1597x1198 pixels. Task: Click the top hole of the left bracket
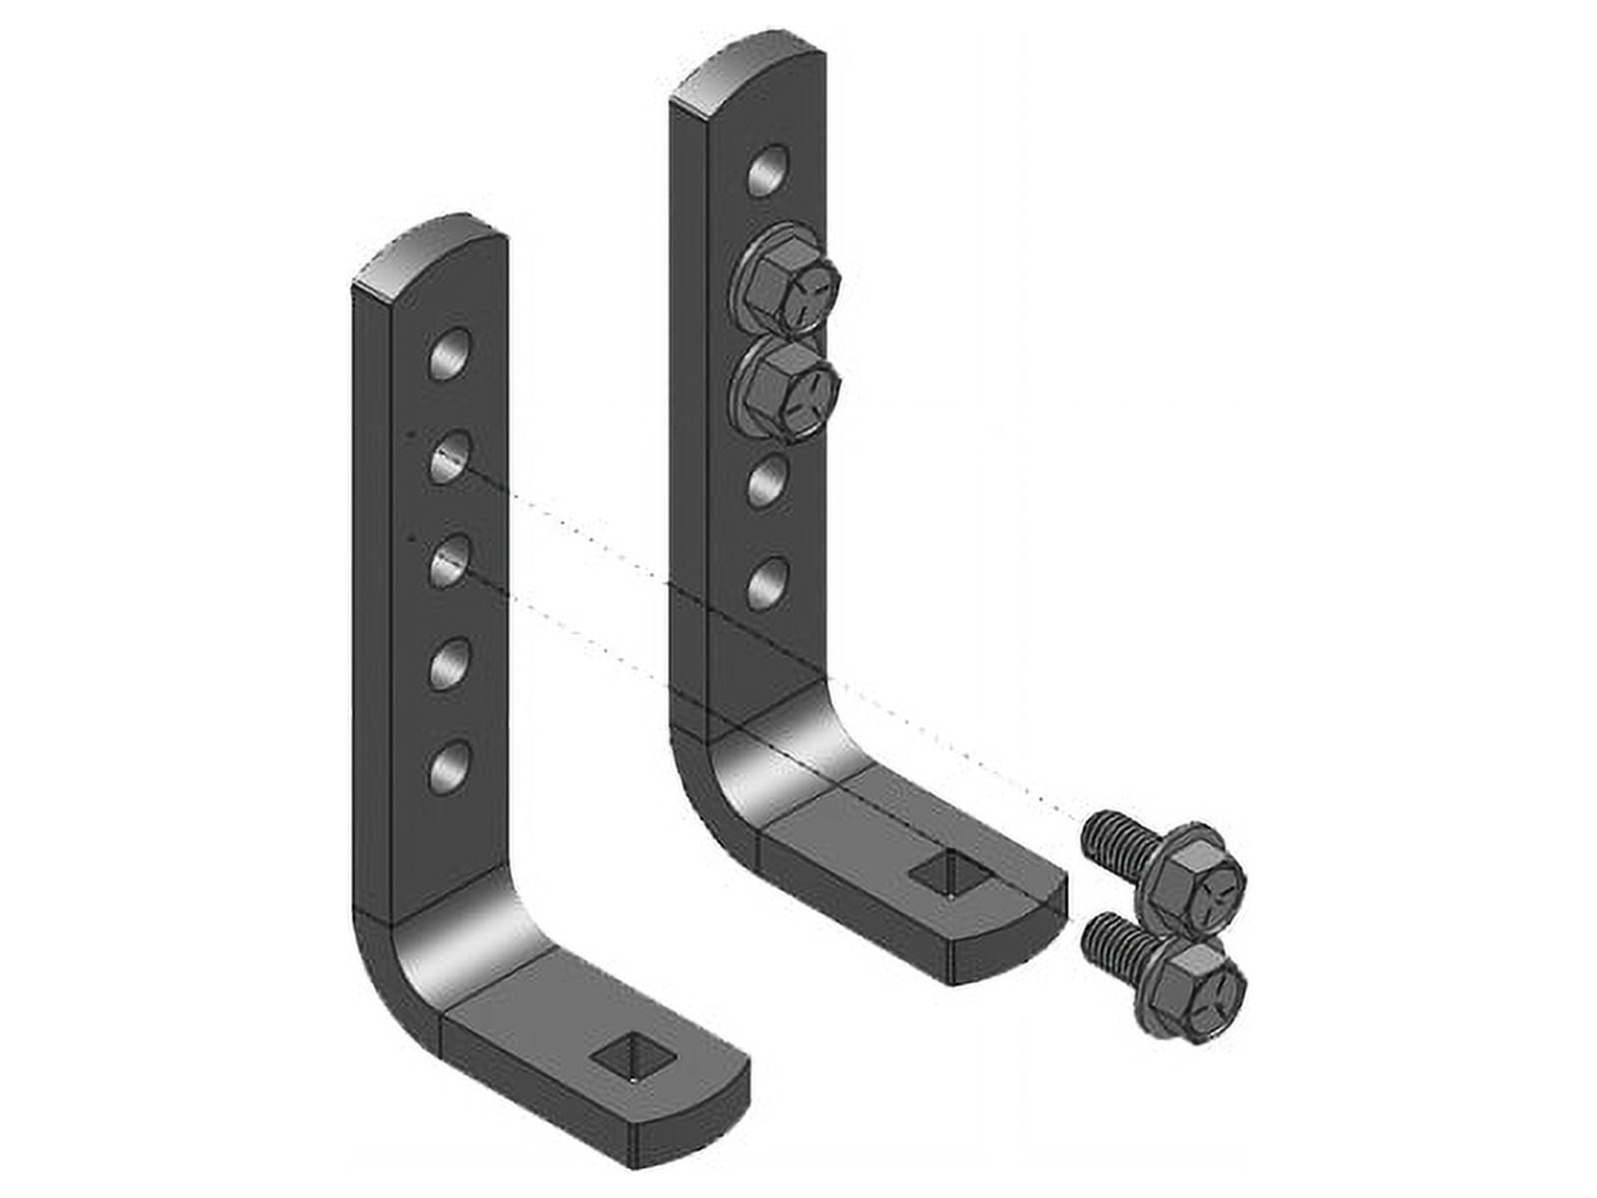point(449,354)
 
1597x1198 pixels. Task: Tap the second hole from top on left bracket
point(451,458)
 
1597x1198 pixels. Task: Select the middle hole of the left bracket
point(451,562)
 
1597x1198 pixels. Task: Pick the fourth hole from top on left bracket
point(451,663)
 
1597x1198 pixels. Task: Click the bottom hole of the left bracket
point(451,767)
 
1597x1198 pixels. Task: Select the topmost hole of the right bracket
point(769,172)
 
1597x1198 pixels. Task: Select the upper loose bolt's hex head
point(1203,877)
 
